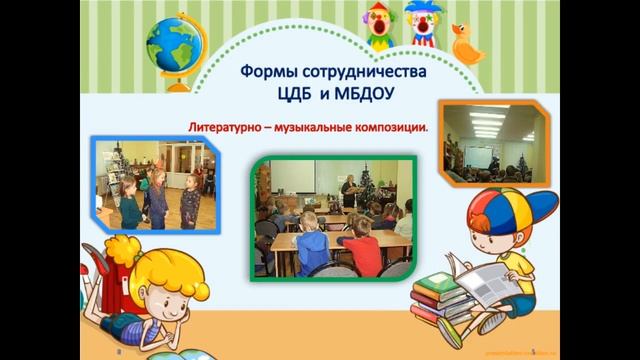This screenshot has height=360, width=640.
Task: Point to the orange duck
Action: (465, 43)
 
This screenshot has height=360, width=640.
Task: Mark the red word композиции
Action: (398, 128)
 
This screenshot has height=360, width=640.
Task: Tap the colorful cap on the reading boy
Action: (512, 215)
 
